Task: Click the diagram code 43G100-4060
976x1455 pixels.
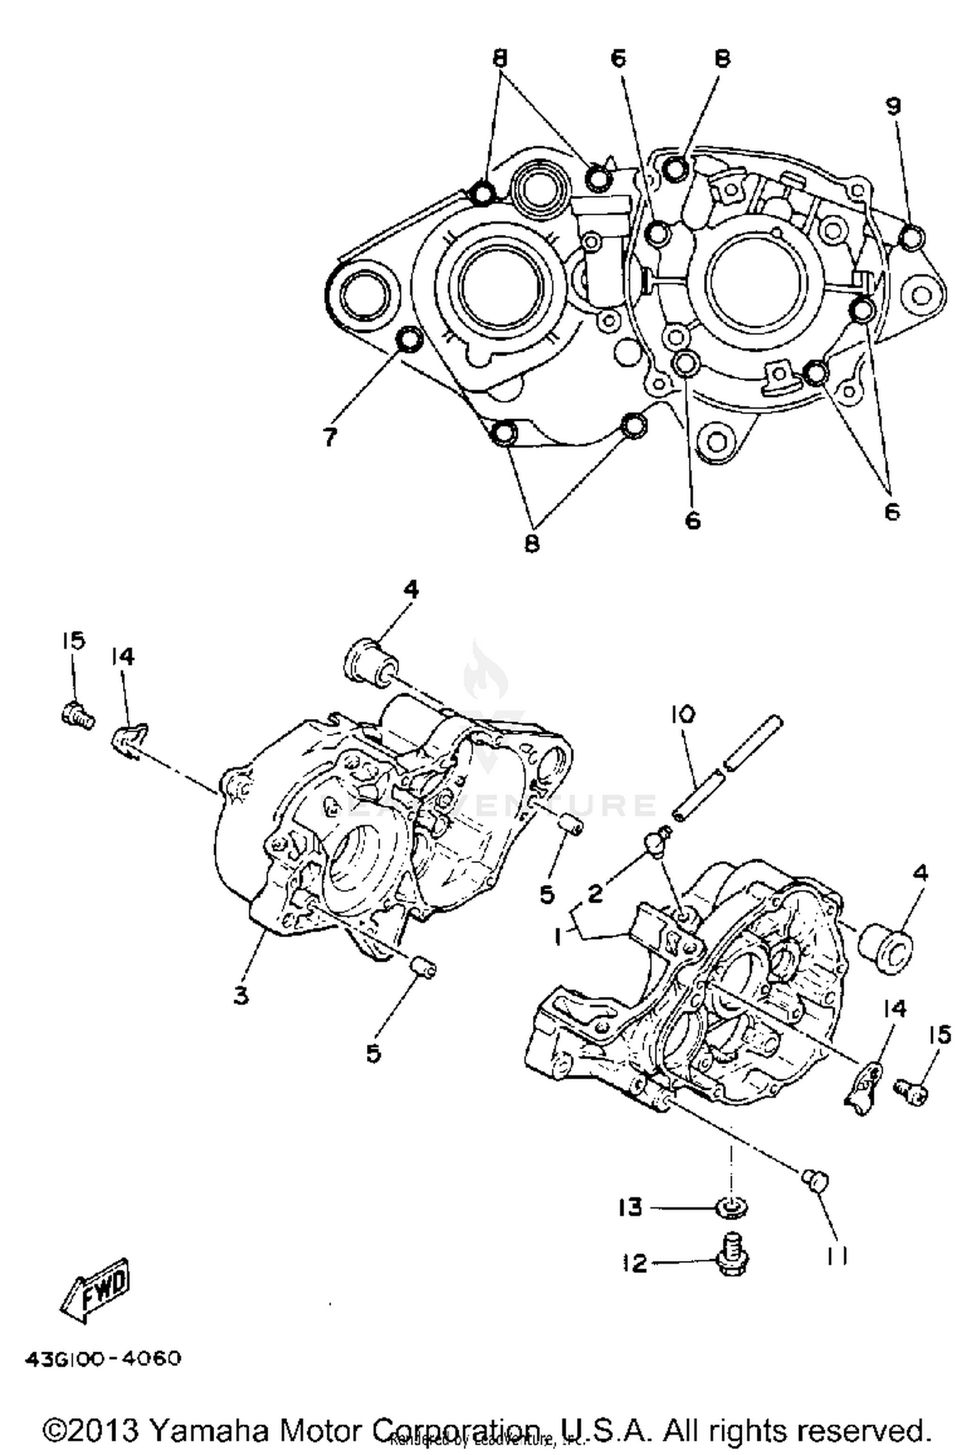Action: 103,1359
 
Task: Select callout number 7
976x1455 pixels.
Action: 330,438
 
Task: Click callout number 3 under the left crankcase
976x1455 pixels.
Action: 241,995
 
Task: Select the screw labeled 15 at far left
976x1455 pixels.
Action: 77,716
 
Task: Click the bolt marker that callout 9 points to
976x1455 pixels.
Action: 911,237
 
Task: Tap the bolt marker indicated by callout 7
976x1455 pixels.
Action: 409,338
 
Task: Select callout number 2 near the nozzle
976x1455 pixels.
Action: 595,893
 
